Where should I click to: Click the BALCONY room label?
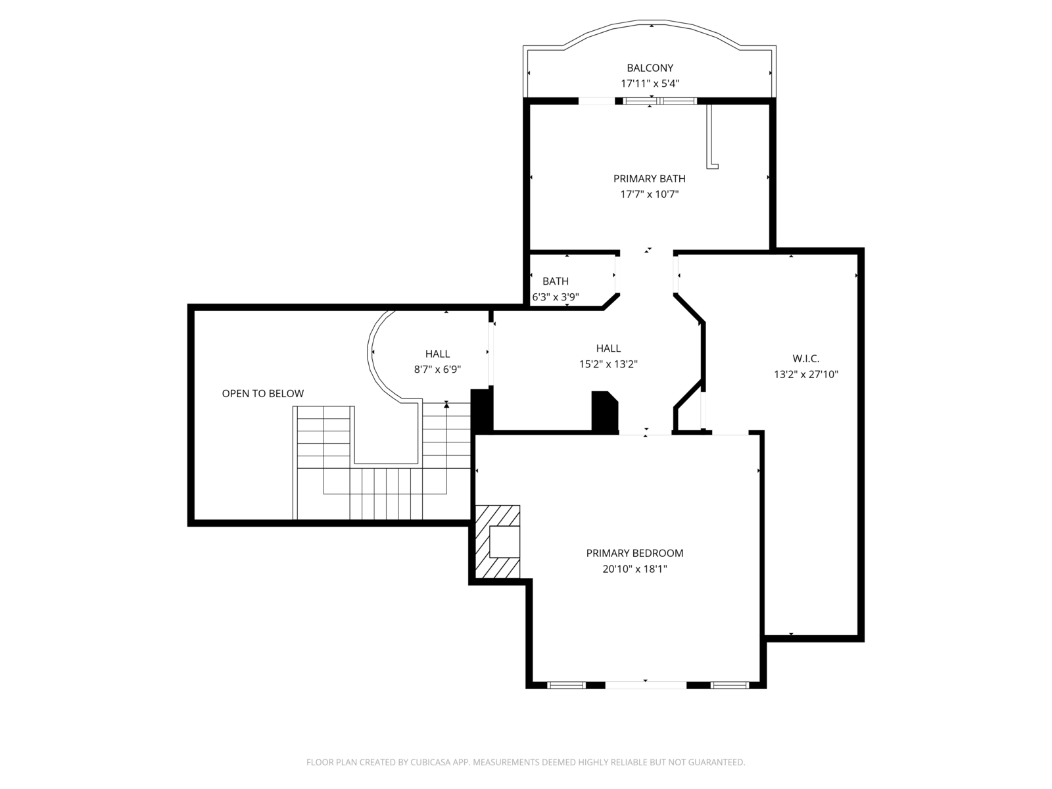[x=650, y=68]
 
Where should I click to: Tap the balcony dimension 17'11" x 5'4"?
[x=650, y=84]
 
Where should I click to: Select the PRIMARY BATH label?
[x=650, y=179]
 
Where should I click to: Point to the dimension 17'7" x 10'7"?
[x=650, y=194]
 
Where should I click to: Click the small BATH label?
[x=556, y=281]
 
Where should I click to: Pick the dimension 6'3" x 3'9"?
[x=556, y=297]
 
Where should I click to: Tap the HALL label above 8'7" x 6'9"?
[x=438, y=354]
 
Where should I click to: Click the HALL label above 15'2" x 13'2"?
[x=608, y=348]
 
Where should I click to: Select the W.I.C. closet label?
[x=805, y=358]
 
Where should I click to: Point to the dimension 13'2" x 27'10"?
[x=805, y=374]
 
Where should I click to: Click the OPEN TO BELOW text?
[x=262, y=393]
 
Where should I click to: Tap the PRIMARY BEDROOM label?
[x=634, y=554]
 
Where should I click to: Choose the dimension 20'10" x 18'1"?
[x=634, y=569]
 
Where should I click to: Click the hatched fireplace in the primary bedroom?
[x=498, y=541]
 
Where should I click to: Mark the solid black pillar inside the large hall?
[x=605, y=412]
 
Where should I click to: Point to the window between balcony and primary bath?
[x=660, y=101]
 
